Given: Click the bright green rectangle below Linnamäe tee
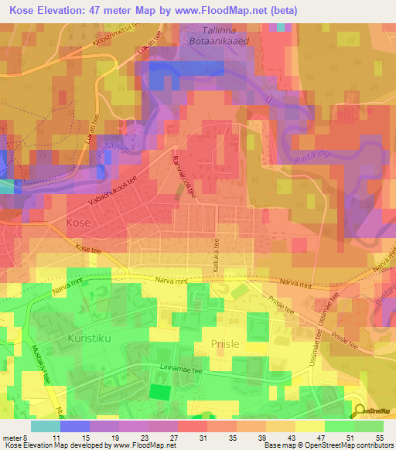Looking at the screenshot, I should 159,391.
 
